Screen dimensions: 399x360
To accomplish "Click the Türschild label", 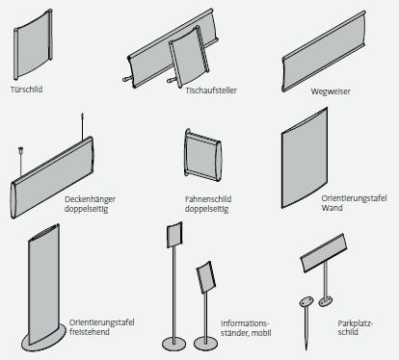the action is tap(26, 90).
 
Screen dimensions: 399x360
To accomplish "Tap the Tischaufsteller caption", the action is tap(211, 90).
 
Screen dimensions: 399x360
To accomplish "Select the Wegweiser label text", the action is tap(331, 91).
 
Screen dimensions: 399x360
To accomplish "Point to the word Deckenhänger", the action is tap(90, 199).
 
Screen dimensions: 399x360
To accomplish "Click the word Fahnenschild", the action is tap(208, 199).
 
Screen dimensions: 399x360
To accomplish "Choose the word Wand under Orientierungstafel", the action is tap(332, 208).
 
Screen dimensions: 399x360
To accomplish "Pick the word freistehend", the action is tap(90, 332).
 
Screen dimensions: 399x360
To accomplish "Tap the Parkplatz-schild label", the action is tap(356, 327).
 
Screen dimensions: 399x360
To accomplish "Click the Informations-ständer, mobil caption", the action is tap(246, 328).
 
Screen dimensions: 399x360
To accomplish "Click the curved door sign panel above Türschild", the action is tap(33, 45).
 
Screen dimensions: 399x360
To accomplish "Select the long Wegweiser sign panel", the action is tap(324, 51).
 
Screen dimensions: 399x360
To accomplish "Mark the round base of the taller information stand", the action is tap(173, 345).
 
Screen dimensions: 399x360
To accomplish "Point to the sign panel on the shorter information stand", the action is tap(206, 277).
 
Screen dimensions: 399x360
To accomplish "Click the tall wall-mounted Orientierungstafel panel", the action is tap(305, 158).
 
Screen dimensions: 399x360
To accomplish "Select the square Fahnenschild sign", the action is tap(203, 155).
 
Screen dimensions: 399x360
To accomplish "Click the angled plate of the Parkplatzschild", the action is tap(324, 252).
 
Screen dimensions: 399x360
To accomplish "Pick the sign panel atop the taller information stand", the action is tap(174, 235).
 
